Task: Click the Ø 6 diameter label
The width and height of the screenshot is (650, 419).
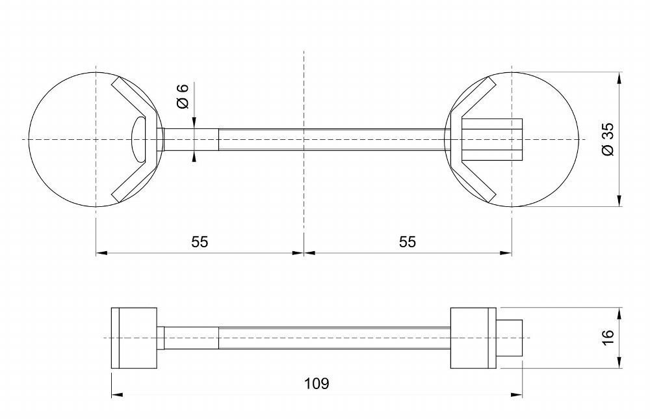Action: pos(183,96)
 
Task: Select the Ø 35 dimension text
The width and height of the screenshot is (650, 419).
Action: pos(608,139)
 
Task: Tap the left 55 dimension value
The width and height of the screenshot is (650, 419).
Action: pos(200,241)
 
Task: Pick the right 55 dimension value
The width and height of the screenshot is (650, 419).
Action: pos(407,241)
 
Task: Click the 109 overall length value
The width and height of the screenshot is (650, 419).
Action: pos(317,383)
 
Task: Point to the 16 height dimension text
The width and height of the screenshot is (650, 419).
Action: pos(607,337)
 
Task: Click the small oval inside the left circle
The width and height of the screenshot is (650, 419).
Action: pos(138,139)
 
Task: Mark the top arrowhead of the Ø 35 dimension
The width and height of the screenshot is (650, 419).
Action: pos(619,78)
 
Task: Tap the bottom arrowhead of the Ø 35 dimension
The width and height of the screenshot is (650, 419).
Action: pos(619,201)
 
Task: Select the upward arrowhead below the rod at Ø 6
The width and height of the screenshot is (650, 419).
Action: pos(194,155)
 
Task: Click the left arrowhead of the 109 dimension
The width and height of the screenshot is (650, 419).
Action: pos(117,394)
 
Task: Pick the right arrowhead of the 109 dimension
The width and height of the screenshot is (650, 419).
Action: pos(517,394)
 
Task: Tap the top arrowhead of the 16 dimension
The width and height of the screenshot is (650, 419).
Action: pos(619,313)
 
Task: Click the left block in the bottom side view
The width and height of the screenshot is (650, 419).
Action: pos(134,338)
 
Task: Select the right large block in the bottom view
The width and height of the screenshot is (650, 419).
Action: pos(473,338)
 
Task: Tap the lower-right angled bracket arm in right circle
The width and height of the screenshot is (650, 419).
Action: pos(476,179)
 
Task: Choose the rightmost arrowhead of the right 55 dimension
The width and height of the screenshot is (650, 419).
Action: pos(506,252)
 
